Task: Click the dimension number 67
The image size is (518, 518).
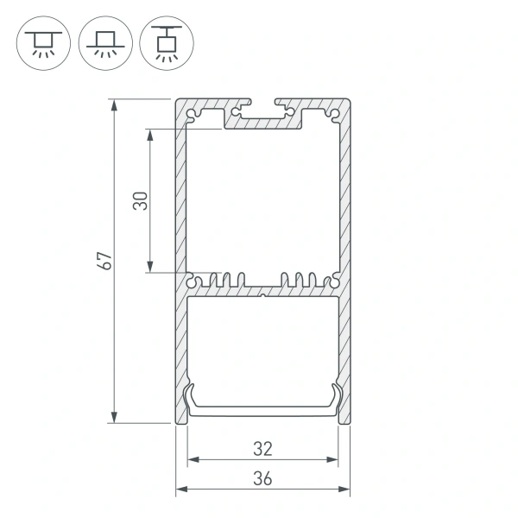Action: point(105,262)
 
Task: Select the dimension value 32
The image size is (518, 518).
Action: point(263,448)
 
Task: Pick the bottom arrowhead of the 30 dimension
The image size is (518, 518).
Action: point(152,268)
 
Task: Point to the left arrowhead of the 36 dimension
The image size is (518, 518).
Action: point(181,490)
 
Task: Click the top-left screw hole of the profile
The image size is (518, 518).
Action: point(192,112)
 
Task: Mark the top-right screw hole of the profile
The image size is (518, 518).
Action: point(335,112)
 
